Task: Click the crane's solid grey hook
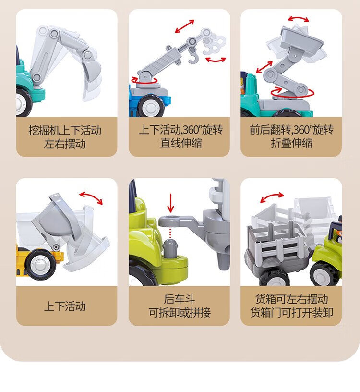(193, 57)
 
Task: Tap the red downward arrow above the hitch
(170, 203)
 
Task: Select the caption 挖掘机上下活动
(65, 131)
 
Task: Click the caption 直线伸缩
(181, 143)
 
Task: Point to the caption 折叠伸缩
(291, 143)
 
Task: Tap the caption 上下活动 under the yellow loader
(65, 306)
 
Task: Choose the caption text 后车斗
(180, 299)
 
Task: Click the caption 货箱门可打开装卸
(291, 313)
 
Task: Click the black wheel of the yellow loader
(40, 265)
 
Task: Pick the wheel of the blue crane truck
(151, 107)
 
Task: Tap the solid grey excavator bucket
(91, 71)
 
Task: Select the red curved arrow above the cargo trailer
(272, 197)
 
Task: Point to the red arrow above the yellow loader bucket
(91, 197)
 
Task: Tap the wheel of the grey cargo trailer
(274, 277)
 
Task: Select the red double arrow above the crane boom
(185, 26)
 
